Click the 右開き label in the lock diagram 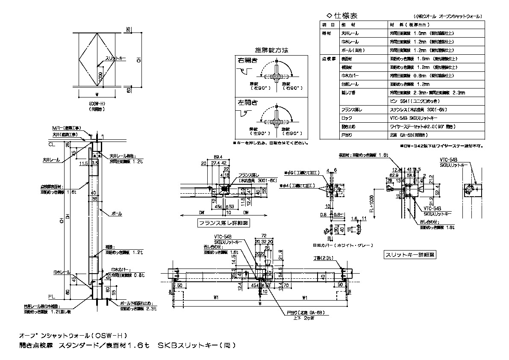[248, 60]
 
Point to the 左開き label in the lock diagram [248, 103]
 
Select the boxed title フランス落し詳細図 [224, 223]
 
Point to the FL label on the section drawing [51, 296]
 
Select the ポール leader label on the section [117, 213]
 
